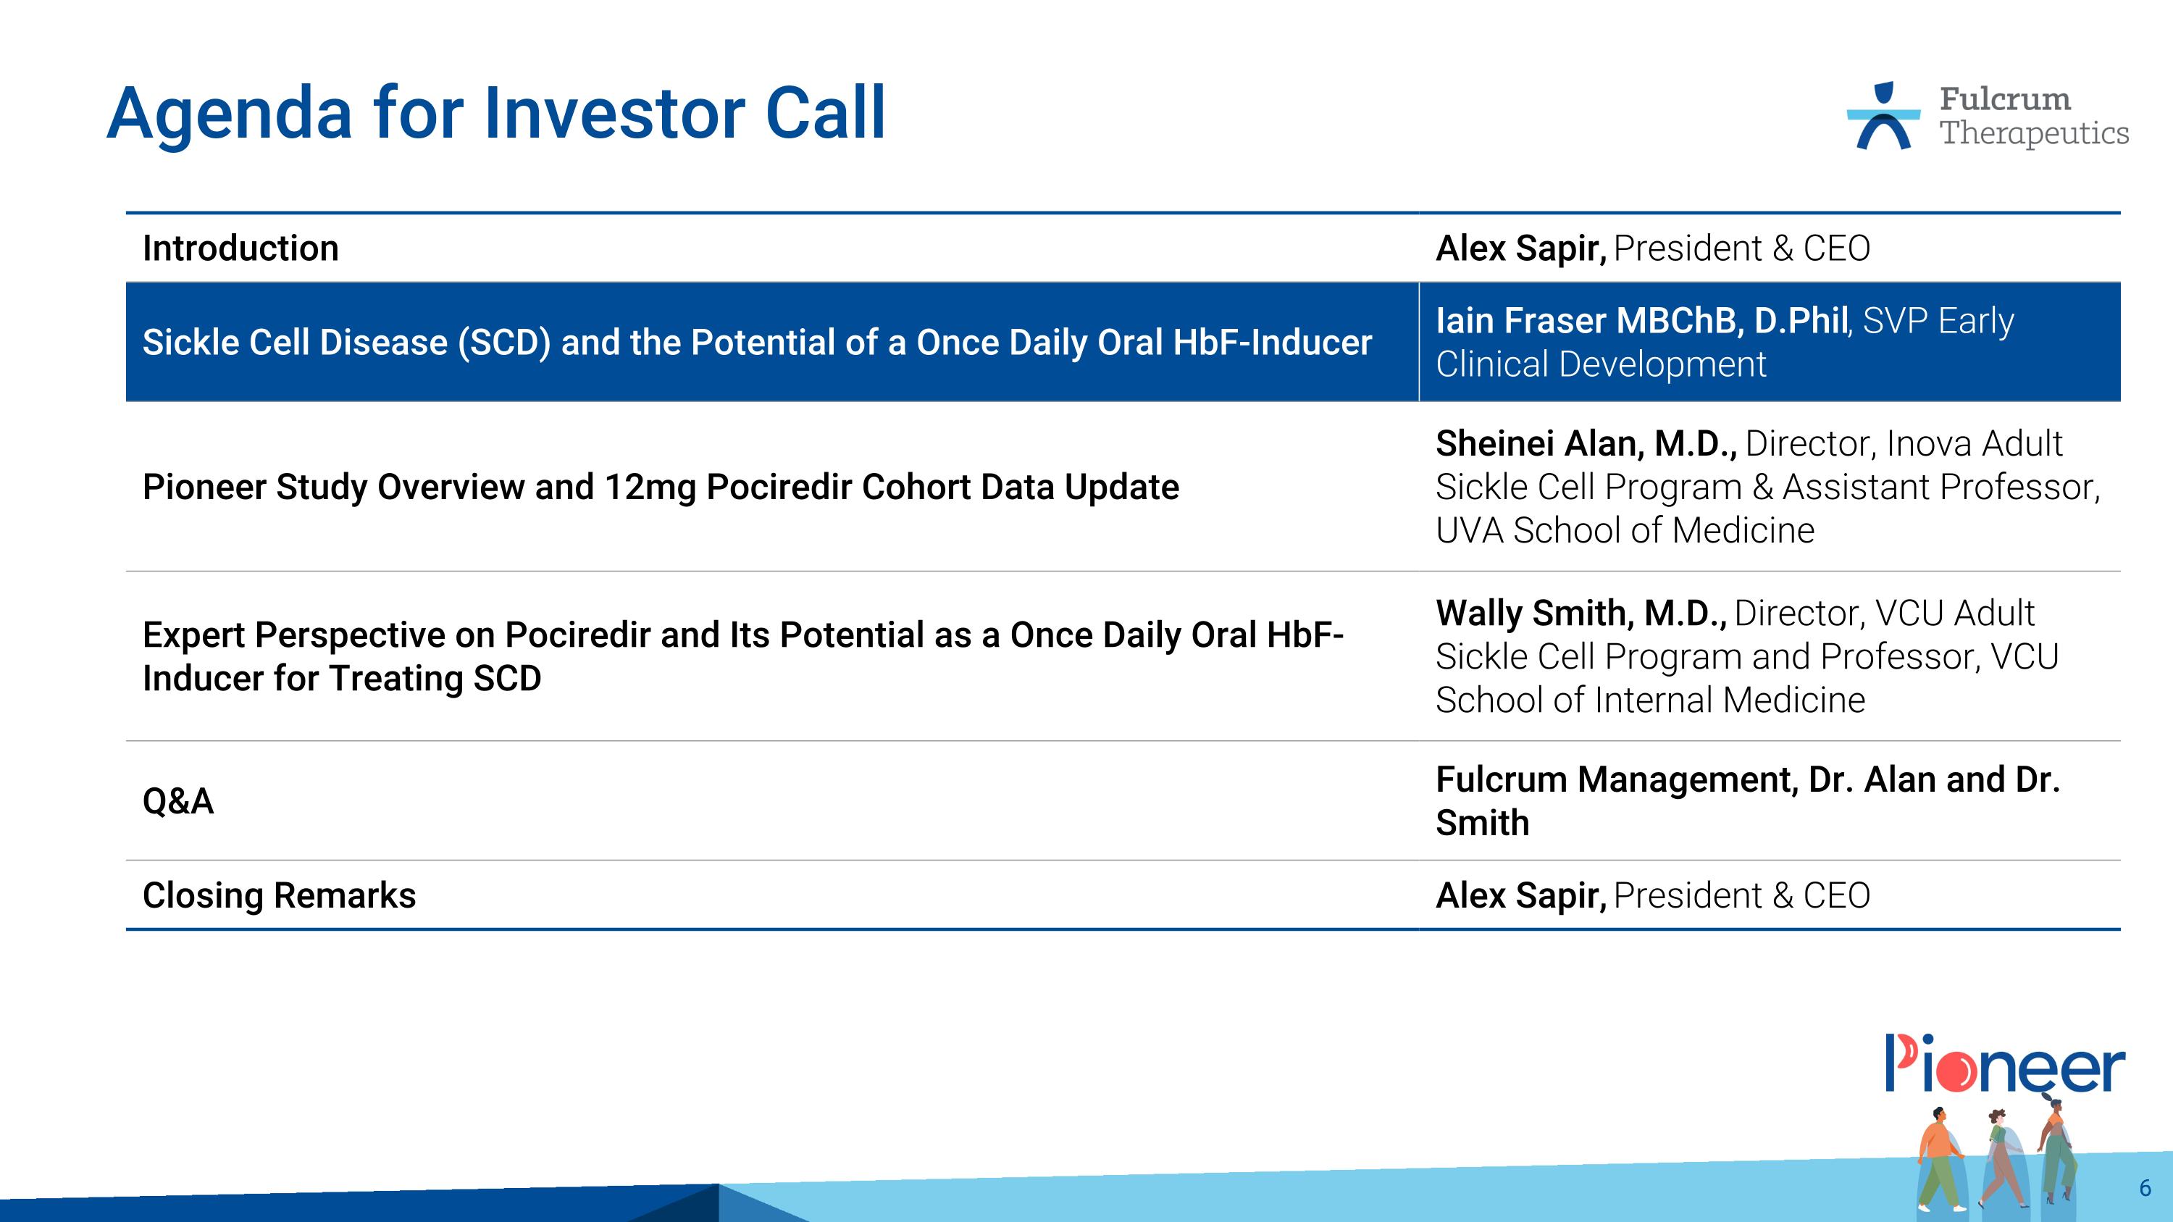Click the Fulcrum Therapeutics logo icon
click(1883, 117)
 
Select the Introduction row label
click(240, 248)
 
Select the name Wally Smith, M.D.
click(1580, 613)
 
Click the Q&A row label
click(178, 801)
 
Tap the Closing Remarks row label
click(279, 895)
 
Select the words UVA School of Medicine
click(1625, 530)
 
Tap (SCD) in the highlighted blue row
click(503, 343)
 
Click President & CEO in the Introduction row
click(1741, 248)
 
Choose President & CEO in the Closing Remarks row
click(1741, 895)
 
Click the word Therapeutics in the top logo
click(2034, 133)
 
